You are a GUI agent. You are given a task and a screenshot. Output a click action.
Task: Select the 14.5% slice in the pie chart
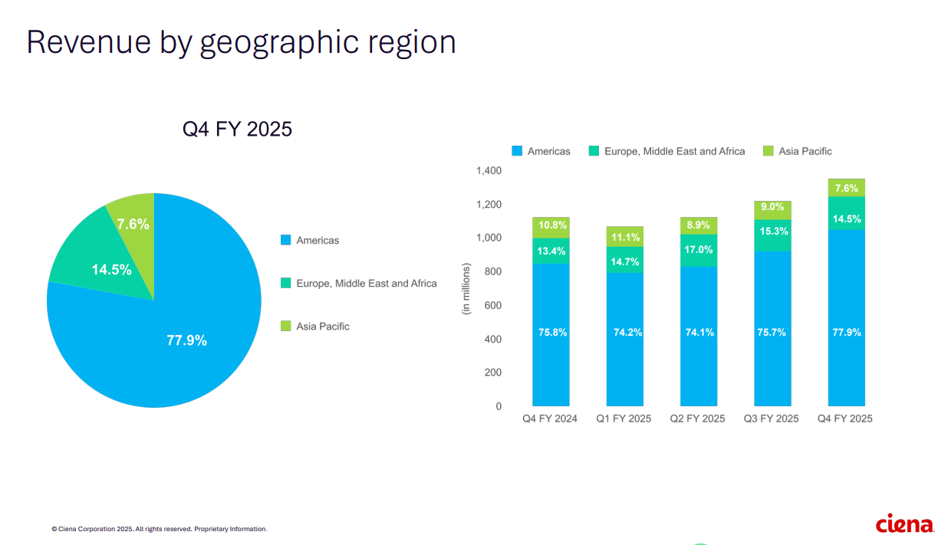click(x=112, y=269)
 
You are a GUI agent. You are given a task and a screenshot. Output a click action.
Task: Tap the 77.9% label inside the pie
click(x=186, y=340)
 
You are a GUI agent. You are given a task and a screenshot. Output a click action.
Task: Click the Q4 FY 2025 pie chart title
click(x=237, y=129)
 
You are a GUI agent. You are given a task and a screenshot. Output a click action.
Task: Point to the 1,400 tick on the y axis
click(x=488, y=171)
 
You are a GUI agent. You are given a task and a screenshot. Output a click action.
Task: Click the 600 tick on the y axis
click(x=492, y=306)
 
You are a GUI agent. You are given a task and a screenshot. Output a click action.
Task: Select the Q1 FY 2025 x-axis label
click(x=624, y=419)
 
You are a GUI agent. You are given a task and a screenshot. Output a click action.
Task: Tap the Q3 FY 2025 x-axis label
click(x=771, y=419)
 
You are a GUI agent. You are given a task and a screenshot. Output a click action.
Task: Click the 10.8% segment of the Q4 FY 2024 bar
click(x=551, y=226)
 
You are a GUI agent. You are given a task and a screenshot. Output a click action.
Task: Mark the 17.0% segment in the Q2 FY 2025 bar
click(x=699, y=250)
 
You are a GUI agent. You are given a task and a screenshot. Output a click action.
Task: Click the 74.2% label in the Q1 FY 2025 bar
click(x=624, y=333)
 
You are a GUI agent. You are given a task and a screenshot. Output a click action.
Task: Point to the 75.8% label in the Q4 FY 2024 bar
click(x=551, y=333)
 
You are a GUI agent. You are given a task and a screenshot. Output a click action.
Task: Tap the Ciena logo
click(x=904, y=524)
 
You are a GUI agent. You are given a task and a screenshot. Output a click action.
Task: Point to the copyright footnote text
click(x=159, y=529)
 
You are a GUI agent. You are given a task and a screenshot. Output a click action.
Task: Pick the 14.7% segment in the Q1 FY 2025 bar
click(x=624, y=261)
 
